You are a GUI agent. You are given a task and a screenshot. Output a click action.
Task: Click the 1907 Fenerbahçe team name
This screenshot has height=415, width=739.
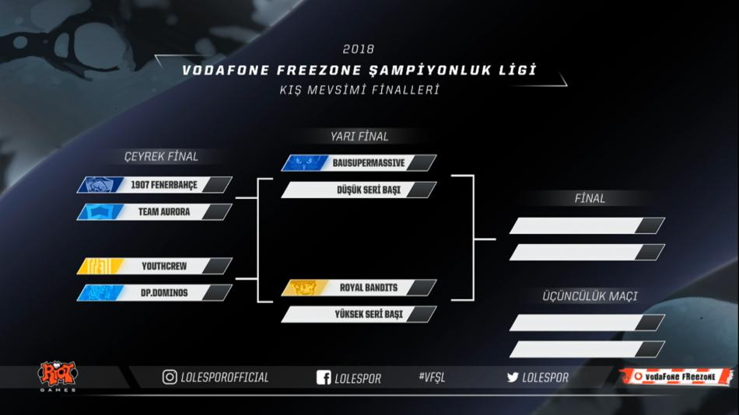click(164, 185)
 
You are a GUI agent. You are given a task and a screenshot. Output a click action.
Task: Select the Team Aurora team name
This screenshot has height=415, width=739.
click(164, 212)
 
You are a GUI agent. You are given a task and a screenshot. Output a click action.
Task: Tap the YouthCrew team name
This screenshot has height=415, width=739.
click(164, 266)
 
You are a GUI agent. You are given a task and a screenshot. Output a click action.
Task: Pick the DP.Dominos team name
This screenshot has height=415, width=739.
click(164, 293)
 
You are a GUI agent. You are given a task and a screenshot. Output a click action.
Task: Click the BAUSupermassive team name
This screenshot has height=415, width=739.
click(369, 163)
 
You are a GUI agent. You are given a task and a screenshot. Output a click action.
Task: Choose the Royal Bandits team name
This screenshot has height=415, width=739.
click(369, 288)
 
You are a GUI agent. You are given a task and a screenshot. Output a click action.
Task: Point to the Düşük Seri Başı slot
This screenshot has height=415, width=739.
click(369, 190)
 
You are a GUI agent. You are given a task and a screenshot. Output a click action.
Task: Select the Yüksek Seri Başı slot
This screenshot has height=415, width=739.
click(369, 314)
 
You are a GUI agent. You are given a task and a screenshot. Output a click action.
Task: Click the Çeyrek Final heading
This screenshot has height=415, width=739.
click(161, 156)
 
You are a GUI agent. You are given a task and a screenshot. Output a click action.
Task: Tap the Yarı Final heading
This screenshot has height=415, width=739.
click(359, 137)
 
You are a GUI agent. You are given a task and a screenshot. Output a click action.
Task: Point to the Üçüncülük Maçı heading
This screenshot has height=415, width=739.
click(590, 296)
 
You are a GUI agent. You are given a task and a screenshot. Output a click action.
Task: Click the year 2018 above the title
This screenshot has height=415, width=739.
click(358, 49)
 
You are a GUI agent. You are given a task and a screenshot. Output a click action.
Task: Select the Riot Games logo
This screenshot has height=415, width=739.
click(58, 376)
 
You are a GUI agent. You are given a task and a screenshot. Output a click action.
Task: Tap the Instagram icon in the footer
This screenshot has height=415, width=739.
click(170, 377)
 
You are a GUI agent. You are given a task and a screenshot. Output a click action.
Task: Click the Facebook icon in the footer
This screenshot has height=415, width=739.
click(324, 378)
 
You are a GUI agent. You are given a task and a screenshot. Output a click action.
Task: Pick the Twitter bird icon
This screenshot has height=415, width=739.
click(513, 378)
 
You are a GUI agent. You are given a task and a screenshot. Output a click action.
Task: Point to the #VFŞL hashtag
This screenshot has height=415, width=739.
click(432, 377)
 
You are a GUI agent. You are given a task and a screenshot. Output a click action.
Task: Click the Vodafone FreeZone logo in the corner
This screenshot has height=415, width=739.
click(677, 376)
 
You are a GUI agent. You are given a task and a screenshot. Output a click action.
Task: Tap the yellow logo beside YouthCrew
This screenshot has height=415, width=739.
click(100, 266)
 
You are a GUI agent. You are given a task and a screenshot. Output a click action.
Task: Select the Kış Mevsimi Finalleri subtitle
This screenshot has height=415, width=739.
click(359, 89)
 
